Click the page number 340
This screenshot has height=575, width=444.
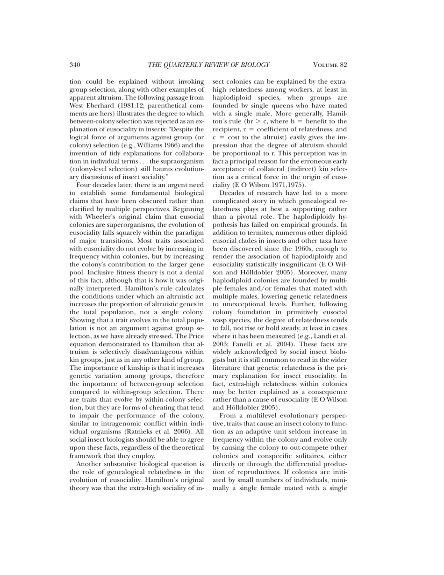tap(76, 65)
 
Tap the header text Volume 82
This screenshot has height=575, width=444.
tap(330, 65)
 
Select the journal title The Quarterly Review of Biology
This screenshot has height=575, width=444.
tap(209, 65)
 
